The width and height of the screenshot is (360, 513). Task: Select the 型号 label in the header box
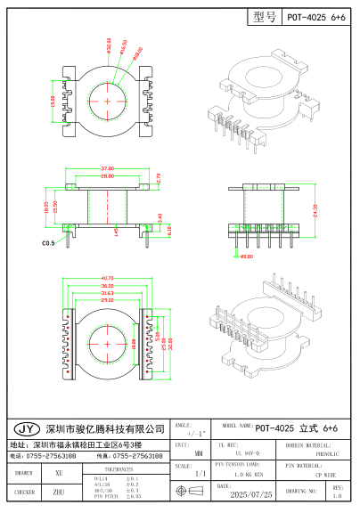pyautogui.click(x=265, y=17)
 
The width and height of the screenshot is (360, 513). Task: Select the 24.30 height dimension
pyautogui.click(x=315, y=210)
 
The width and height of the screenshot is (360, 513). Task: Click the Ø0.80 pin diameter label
pyautogui.click(x=246, y=255)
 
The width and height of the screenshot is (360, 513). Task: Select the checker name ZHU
pyautogui.click(x=59, y=491)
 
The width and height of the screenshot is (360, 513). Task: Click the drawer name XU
pyautogui.click(x=59, y=473)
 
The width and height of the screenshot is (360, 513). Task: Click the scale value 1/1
pyautogui.click(x=200, y=474)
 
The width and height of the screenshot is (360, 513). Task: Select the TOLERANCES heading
pyautogui.click(x=119, y=467)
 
